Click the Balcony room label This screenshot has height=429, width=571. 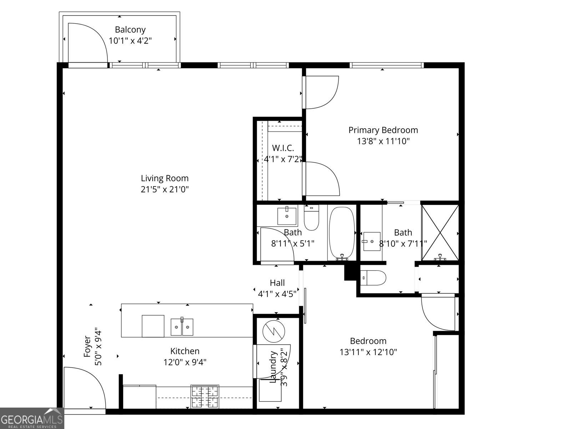click(130, 30)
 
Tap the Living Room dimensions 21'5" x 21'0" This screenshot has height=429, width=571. click(165, 189)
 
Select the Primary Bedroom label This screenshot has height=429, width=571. click(383, 130)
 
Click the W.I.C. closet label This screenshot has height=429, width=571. click(283, 148)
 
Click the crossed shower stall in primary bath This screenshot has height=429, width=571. click(440, 232)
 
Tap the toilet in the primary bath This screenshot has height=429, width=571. click(373, 278)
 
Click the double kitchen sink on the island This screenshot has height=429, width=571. click(182, 327)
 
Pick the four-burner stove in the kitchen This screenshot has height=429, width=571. click(205, 397)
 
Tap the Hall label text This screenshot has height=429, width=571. click(277, 283)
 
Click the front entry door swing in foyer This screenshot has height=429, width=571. click(84, 388)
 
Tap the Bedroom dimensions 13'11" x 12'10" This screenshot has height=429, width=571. click(368, 352)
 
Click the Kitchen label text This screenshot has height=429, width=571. click(185, 351)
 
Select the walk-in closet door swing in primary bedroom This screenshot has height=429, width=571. click(321, 179)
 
